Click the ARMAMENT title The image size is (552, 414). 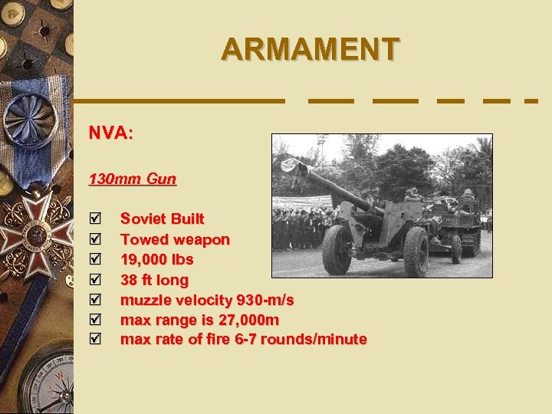point(310,49)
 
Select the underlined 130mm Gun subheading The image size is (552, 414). point(132,179)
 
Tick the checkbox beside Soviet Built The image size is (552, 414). point(94,219)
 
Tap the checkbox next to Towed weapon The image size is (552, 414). point(94,239)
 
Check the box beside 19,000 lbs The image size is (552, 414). point(94,259)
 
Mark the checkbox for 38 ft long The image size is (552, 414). point(94,279)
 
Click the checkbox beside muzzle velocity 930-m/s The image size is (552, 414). point(94,299)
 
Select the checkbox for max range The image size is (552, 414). point(94,319)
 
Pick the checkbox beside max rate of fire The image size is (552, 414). point(94,339)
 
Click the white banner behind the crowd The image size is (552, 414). point(303,202)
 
